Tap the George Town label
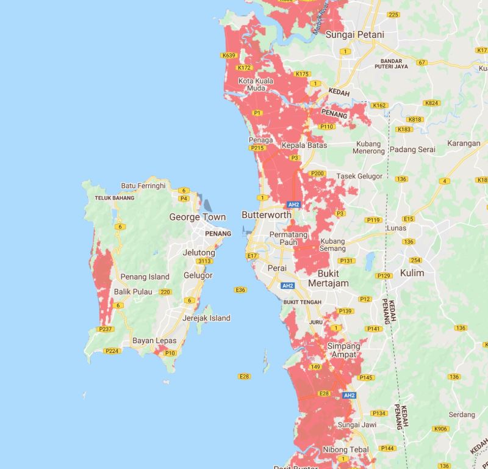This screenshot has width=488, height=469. coord(197,217)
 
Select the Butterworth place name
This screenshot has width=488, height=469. coord(267,215)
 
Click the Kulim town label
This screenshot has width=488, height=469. coord(412,273)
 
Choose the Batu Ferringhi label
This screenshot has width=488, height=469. coord(143,186)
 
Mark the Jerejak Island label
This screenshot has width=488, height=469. coord(207,318)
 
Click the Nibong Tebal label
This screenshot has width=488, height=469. coord(345,449)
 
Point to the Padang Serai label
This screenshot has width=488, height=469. coord(413,150)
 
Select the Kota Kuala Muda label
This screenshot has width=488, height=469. coord(255,84)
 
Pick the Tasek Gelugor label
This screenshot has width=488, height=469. coord(359,176)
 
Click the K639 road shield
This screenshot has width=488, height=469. coord(229,56)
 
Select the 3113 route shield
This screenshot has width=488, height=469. coord(204,261)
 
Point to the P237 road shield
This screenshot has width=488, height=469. coord(106,330)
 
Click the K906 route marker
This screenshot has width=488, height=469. coord(441,429)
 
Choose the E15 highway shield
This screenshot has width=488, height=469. coord(408,219)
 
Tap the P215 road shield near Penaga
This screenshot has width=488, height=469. coord(256,148)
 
